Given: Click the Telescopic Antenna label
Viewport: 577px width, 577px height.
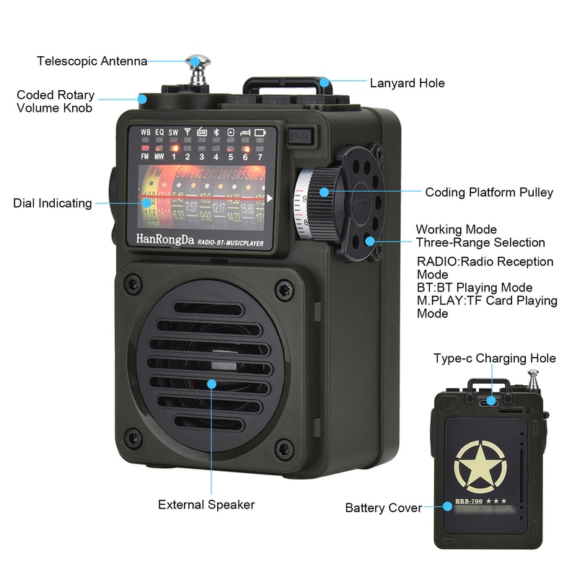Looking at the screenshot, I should [92, 61].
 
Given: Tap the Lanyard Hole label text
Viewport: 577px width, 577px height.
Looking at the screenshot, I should [407, 83].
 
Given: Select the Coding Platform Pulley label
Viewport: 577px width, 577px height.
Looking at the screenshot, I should [488, 193].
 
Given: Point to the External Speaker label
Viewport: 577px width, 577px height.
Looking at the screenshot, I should [206, 505].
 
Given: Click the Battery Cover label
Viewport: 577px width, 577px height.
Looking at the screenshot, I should [383, 508].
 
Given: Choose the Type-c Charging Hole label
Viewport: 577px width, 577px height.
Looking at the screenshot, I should [494, 358].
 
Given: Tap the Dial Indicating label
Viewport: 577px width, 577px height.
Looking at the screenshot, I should [52, 203].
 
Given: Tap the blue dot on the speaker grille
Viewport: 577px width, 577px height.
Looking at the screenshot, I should [211, 383].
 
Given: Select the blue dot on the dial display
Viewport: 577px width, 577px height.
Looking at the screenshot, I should [148, 203].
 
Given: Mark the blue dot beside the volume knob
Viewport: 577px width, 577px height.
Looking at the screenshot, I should [142, 99].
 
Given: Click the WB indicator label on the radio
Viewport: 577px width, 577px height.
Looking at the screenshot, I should [146, 132].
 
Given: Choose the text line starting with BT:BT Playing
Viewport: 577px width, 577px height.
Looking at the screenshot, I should [475, 288].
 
